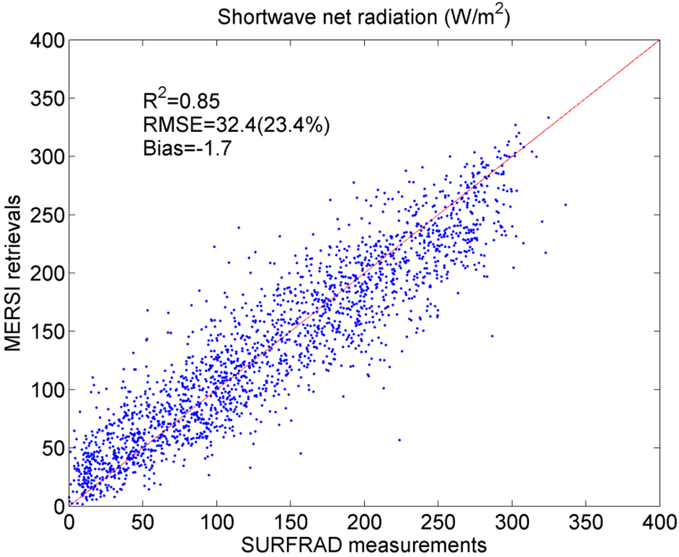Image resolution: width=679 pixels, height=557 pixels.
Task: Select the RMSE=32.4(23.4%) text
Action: pos(235,124)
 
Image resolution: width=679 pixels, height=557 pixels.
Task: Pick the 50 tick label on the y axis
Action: pos(50,448)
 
